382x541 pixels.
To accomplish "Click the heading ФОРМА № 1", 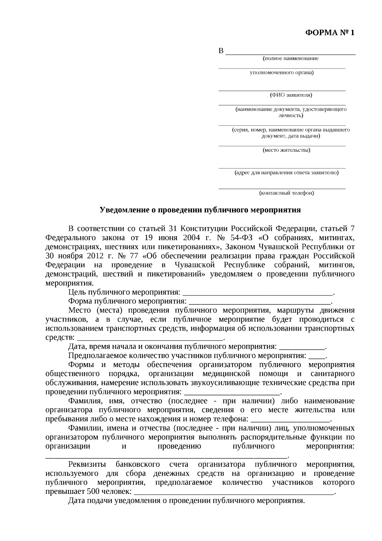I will click(x=329, y=33).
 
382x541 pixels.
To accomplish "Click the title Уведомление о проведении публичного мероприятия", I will click(x=200, y=210).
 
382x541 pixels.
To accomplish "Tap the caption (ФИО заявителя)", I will click(x=291, y=95).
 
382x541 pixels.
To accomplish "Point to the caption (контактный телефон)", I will click(x=286, y=193).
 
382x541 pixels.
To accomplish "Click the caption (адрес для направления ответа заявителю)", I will click(x=286, y=173).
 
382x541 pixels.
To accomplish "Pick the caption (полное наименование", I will click(x=290, y=59).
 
